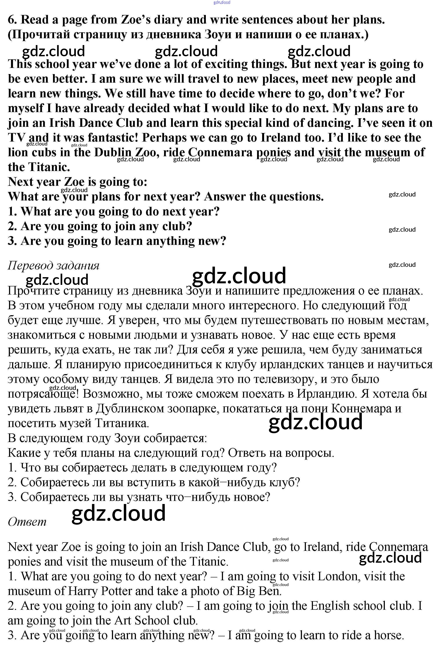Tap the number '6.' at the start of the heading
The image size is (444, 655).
pyautogui.click(x=13, y=20)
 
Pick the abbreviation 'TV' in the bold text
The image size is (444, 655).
pyautogui.click(x=17, y=138)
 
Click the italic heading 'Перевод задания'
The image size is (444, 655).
pyautogui.click(x=54, y=266)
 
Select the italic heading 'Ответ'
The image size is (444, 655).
pyautogui.click(x=27, y=522)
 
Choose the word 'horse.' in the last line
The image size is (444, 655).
pyautogui.click(x=389, y=635)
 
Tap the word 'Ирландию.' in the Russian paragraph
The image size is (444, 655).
pyautogui.click(x=327, y=394)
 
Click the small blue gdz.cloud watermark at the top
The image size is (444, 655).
pyautogui.click(x=222, y=3)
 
